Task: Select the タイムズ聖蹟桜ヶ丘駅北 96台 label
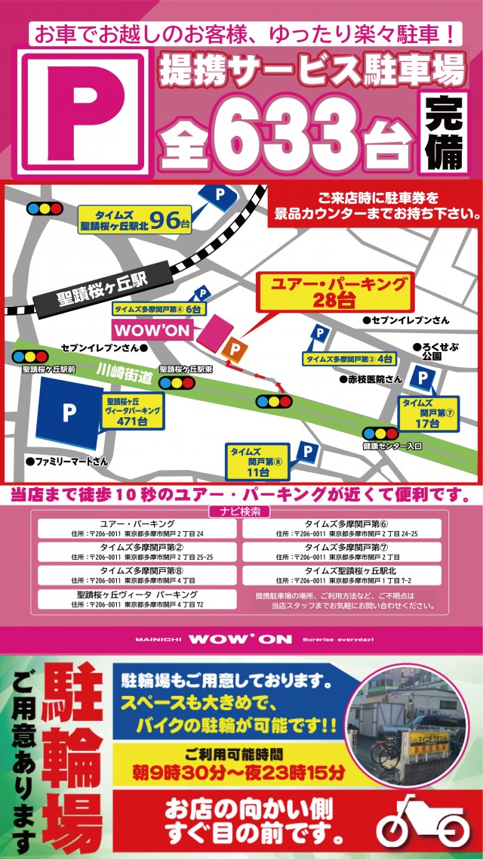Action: click(136, 220)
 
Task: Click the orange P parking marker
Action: click(235, 348)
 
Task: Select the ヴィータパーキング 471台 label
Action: click(132, 411)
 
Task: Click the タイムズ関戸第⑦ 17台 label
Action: click(428, 414)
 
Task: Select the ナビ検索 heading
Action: click(241, 511)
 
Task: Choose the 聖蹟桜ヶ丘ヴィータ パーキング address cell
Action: click(137, 599)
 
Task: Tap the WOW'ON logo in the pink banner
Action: click(241, 639)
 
